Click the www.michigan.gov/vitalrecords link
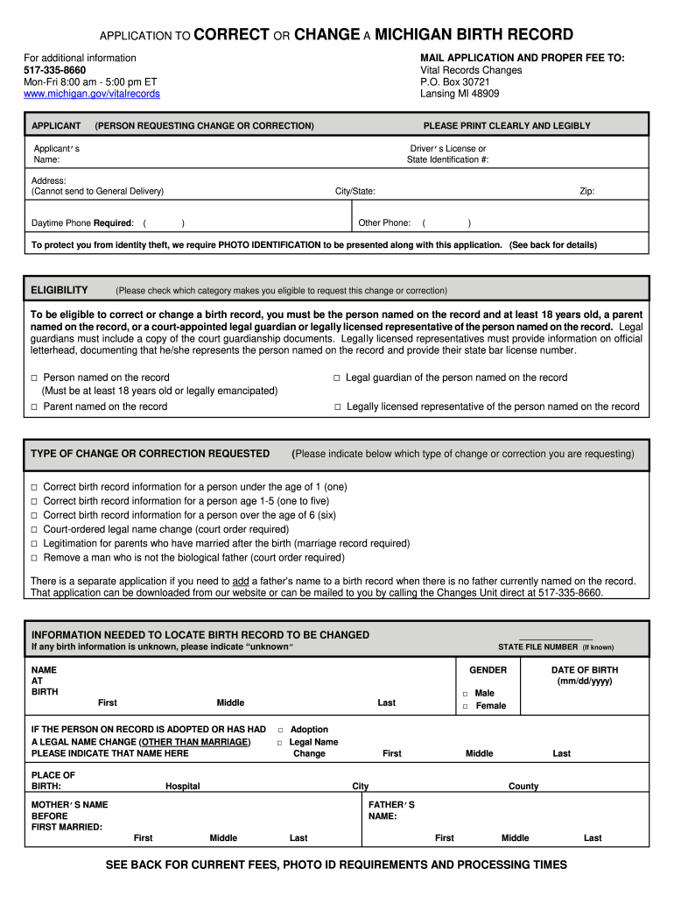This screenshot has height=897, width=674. pos(92,94)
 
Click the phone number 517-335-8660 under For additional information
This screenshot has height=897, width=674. pos(54,70)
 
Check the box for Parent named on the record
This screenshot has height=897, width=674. pos(34,407)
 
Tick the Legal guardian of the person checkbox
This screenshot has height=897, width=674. pos(335,378)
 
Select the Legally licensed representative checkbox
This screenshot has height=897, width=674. pos(336,407)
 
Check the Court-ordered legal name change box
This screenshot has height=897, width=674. pos(34,530)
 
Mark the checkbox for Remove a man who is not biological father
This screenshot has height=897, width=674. pos(34,558)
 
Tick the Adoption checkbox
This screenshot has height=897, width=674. pos(280,730)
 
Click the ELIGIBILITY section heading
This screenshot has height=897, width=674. pos(60,290)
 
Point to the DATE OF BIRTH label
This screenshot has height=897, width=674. pos(584,670)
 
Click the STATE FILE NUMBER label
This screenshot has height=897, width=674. pos(537,647)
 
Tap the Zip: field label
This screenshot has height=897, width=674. pos(586,191)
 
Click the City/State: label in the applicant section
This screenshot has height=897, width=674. pos(355,191)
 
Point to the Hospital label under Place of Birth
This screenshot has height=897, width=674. pos(182,787)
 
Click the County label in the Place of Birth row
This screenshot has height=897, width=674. pos(523,787)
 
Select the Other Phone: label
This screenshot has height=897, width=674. pos(384,222)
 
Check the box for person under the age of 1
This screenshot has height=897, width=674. pos(34,487)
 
